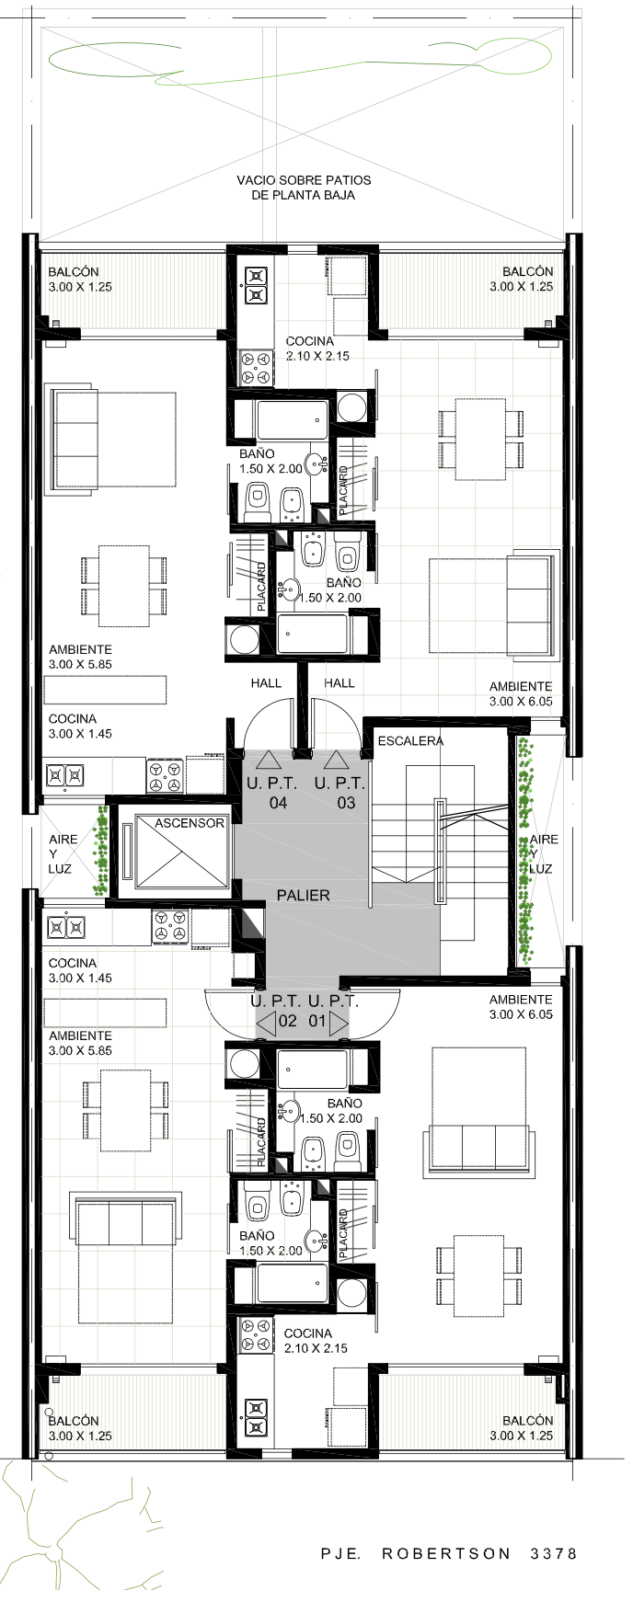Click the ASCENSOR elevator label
pyautogui.click(x=190, y=823)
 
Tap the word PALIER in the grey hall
pyautogui.click(x=303, y=895)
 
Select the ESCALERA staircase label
pyautogui.click(x=410, y=740)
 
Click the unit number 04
pyautogui.click(x=278, y=803)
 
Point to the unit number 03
pyautogui.click(x=346, y=803)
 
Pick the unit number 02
pyautogui.click(x=288, y=1021)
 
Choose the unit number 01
pyautogui.click(x=317, y=1021)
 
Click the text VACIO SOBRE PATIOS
pyautogui.click(x=304, y=180)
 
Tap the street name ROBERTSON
pyautogui.click(x=446, y=1553)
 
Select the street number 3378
pyautogui.click(x=554, y=1553)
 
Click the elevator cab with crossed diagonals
pyautogui.click(x=181, y=851)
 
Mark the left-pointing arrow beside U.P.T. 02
pyautogui.click(x=265, y=1022)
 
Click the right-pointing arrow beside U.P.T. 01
pyautogui.click(x=339, y=1022)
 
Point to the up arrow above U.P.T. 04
pyautogui.click(x=268, y=760)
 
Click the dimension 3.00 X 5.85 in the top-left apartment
pyautogui.click(x=81, y=664)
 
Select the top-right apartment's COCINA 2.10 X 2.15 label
pyautogui.click(x=317, y=349)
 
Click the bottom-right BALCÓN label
pyautogui.click(x=528, y=1421)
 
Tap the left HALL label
pyautogui.click(x=266, y=683)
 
